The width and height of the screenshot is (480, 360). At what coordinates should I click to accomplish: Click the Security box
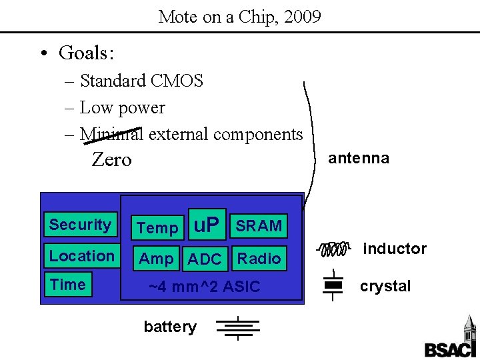pos(79,225)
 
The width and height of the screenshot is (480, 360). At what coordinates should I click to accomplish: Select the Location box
pos(81,256)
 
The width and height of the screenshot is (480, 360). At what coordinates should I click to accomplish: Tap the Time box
pos(67,285)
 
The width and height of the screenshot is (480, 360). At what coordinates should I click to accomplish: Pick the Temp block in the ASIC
pos(157,228)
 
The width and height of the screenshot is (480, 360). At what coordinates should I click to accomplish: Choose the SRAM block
pos(259,226)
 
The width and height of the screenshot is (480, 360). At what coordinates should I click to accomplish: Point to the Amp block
pos(157,259)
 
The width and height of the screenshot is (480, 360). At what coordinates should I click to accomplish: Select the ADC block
pos(205,259)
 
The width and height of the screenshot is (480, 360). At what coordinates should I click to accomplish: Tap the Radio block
pos(259,258)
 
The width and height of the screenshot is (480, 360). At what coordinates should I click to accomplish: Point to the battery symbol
pos(237,327)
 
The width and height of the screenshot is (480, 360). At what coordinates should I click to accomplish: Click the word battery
pos(170,327)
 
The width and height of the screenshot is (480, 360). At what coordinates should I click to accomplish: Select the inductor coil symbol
pos(333,249)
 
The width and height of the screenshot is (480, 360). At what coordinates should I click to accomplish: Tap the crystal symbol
pos(333,286)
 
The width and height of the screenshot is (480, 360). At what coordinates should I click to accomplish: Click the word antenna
pos(358,158)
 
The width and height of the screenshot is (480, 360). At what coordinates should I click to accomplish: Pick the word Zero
pos(111,160)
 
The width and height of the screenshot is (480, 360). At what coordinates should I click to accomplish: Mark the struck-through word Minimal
pos(111,134)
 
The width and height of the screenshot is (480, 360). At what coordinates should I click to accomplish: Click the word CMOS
pos(177,81)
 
